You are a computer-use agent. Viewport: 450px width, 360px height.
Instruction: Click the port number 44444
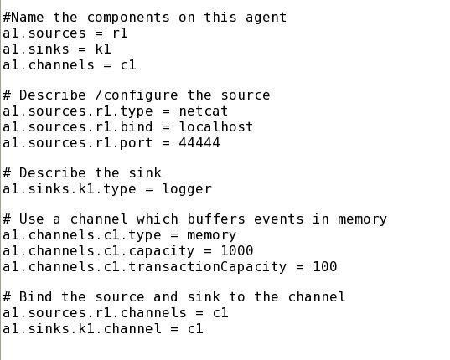[199, 142]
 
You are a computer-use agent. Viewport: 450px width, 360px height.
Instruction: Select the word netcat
[203, 111]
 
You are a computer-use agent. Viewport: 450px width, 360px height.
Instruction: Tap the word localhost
[216, 126]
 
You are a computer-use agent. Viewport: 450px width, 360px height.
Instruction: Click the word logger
[187, 189]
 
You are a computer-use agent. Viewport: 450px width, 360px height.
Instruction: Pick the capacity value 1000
[237, 251]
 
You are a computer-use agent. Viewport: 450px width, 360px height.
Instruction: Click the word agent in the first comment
[266, 18]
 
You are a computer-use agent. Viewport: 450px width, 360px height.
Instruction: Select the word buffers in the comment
[216, 219]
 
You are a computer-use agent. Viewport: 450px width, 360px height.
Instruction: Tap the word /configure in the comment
[137, 95]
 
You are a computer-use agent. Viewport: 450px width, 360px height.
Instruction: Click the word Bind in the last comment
[35, 296]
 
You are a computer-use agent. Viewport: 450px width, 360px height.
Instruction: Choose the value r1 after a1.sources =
[120, 33]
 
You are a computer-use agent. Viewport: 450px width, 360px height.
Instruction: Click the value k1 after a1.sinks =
[103, 49]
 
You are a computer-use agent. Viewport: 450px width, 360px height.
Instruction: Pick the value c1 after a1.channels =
[128, 64]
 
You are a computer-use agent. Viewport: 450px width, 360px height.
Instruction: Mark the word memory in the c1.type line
[211, 235]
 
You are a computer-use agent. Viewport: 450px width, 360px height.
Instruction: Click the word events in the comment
[278, 219]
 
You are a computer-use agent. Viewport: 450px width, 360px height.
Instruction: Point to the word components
[128, 18]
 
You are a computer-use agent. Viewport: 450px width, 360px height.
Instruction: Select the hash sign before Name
[7, 18]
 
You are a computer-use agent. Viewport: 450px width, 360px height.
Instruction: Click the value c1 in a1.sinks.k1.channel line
[195, 328]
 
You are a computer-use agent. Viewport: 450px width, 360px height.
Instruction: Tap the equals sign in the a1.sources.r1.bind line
[166, 127]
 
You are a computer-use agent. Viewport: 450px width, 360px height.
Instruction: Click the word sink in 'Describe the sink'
[145, 173]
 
